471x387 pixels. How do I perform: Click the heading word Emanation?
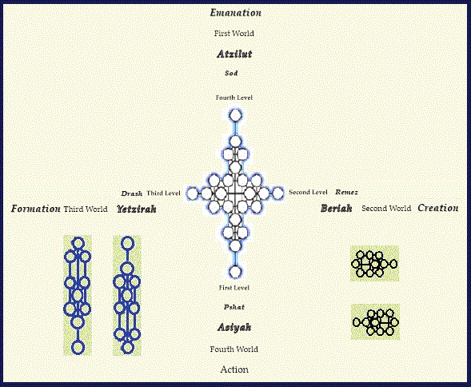click(x=235, y=13)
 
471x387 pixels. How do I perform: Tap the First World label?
click(x=234, y=34)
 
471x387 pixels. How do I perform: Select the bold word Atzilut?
click(x=234, y=54)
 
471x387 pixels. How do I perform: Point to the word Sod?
click(x=231, y=73)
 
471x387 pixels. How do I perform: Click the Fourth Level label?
click(x=234, y=98)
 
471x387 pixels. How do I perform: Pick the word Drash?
click(x=132, y=193)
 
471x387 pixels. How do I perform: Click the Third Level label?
click(x=163, y=193)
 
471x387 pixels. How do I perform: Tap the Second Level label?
click(x=308, y=192)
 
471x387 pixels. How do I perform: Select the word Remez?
click(x=346, y=192)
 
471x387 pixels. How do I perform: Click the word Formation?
click(x=36, y=209)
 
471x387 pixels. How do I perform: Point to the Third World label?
click(x=86, y=209)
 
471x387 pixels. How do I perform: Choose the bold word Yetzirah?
click(x=137, y=209)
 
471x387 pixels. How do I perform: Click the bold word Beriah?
click(x=336, y=208)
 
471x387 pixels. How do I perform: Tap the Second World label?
click(x=386, y=208)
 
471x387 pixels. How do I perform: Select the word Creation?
click(x=438, y=208)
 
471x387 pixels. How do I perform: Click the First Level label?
click(x=234, y=288)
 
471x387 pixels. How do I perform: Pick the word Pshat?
click(x=234, y=307)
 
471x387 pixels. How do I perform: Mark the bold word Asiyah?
click(x=234, y=327)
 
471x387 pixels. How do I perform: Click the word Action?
click(x=234, y=369)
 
